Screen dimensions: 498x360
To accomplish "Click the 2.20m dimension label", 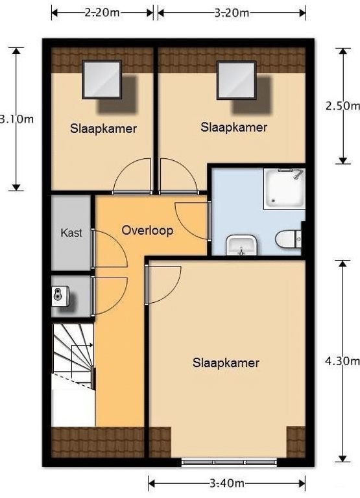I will click(102, 12).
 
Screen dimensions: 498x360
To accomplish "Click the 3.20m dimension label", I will click(232, 12).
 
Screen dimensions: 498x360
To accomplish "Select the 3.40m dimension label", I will click(226, 483).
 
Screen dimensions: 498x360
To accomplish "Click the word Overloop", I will click(147, 230).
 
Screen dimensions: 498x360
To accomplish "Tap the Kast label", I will click(71, 233).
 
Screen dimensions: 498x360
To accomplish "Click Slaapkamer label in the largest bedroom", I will click(226, 362).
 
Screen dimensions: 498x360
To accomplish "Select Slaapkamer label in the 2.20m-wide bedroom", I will click(103, 128).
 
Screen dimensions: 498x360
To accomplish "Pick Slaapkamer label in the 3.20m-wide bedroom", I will click(234, 127).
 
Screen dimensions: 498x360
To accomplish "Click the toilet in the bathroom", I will click(285, 240).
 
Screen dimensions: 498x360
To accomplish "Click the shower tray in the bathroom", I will click(284, 188).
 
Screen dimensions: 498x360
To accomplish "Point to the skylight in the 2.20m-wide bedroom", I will click(102, 79).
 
